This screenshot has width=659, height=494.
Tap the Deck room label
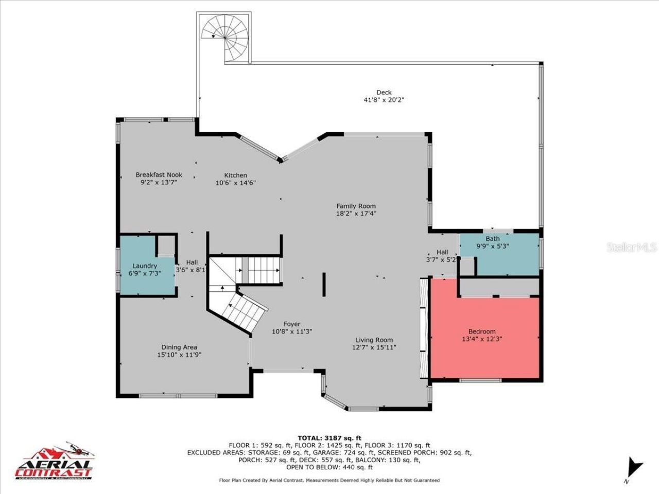pyautogui.click(x=380, y=93)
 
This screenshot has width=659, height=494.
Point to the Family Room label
pyautogui.click(x=356, y=206)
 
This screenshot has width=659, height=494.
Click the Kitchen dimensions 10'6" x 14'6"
pyautogui.click(x=235, y=183)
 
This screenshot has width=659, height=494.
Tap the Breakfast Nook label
pyautogui.click(x=159, y=175)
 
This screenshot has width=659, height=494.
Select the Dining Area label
pyautogui.click(x=179, y=347)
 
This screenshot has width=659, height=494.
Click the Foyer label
pyautogui.click(x=292, y=324)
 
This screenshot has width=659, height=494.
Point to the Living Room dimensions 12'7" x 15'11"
pyautogui.click(x=374, y=347)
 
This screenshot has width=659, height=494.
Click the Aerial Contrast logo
pyautogui.click(x=54, y=461)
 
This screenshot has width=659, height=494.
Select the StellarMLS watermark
pyautogui.click(x=631, y=248)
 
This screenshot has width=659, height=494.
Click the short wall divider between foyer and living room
pyautogui.click(x=324, y=284)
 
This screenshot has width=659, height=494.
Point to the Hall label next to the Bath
pyautogui.click(x=442, y=252)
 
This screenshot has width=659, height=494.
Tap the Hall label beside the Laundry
pyautogui.click(x=192, y=262)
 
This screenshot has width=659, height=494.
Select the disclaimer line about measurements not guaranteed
pyautogui.click(x=329, y=480)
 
